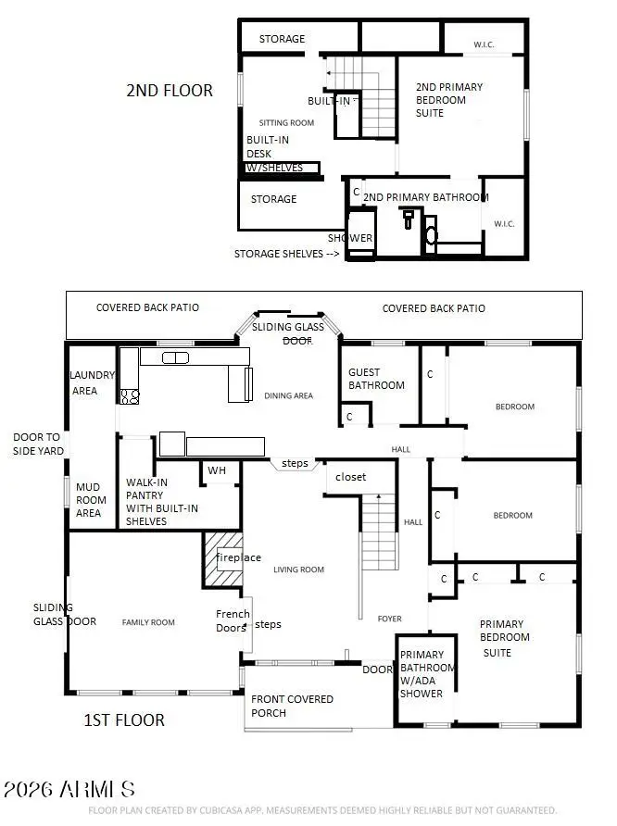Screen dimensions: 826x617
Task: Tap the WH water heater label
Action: (216, 470)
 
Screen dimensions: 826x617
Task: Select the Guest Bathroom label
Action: (376, 379)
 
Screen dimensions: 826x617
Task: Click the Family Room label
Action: (148, 622)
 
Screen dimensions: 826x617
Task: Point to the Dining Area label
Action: (288, 395)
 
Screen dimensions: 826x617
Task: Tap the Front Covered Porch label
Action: (292, 706)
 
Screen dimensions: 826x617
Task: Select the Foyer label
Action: (389, 619)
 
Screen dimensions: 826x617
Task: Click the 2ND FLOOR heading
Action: (170, 91)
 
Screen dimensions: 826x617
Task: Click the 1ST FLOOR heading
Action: (124, 720)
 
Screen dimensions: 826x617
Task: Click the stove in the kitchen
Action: (130, 396)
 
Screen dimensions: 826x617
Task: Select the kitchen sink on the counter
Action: (175, 357)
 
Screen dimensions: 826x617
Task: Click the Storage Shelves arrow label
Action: (285, 254)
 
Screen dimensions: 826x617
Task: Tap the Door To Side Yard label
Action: (36, 443)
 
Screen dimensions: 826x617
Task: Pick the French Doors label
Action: (233, 620)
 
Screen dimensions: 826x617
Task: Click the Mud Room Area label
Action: (89, 499)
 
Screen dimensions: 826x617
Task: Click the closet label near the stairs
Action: (350, 477)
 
